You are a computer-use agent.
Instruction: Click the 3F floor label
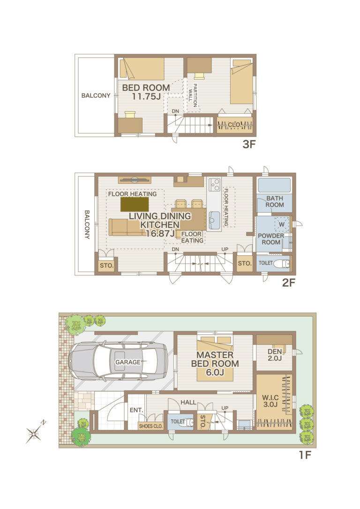coord(249,144)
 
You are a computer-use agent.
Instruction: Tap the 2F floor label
coord(289,283)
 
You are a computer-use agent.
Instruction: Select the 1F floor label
coord(305,455)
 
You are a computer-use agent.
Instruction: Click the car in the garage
coord(119,361)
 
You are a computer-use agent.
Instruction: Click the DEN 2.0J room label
coord(275,355)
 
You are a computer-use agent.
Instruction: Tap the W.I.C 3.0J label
coord(270,401)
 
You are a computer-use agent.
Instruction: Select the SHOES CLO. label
coord(151,426)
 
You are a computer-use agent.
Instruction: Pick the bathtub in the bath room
coord(274,185)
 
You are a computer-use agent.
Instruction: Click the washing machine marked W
coord(282,224)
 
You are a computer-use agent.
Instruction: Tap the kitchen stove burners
coord(214,184)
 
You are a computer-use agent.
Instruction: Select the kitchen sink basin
coord(214,220)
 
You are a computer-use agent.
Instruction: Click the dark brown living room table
coord(135,204)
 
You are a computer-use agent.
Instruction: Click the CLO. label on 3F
coord(234,125)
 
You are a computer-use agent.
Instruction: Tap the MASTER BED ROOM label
coord(215,364)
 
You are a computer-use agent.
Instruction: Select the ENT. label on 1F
coord(136,410)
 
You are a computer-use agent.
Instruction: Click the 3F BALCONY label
coord(96,95)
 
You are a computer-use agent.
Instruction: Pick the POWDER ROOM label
coord(271,239)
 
